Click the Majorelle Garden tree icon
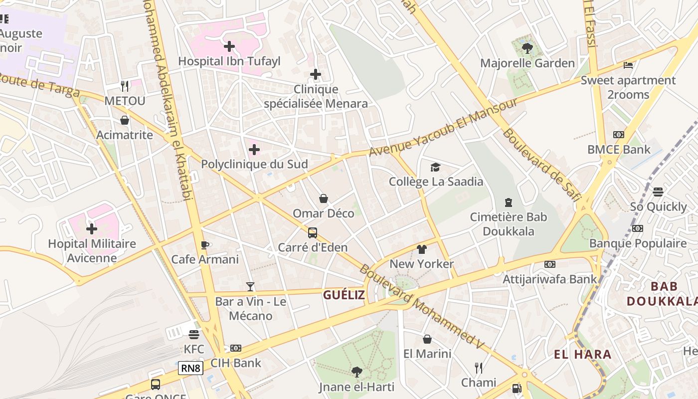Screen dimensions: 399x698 (x=527, y=48)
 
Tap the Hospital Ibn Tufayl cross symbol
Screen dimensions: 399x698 (x=229, y=46)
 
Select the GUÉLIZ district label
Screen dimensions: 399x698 (x=344, y=295)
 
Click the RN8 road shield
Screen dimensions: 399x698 (x=190, y=369)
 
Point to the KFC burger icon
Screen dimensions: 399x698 (x=194, y=334)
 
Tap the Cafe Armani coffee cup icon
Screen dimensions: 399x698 (x=205, y=244)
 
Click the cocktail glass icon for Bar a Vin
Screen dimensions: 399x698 (x=250, y=287)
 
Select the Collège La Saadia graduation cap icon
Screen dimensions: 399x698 (x=436, y=167)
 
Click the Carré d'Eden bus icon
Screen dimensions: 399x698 (x=313, y=232)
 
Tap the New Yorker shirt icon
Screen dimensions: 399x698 (x=422, y=249)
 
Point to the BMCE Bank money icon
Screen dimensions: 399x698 (x=618, y=135)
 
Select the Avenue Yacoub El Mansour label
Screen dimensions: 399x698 (x=443, y=128)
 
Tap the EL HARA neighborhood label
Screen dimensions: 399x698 (x=583, y=355)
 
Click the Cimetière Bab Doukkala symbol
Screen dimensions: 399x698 (x=508, y=202)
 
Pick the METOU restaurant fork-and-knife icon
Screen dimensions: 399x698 (x=125, y=86)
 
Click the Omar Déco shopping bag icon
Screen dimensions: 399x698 (x=324, y=199)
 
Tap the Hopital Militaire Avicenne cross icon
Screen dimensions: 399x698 (x=92, y=229)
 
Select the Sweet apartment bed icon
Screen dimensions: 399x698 (x=628, y=65)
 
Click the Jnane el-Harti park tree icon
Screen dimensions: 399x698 (x=356, y=372)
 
